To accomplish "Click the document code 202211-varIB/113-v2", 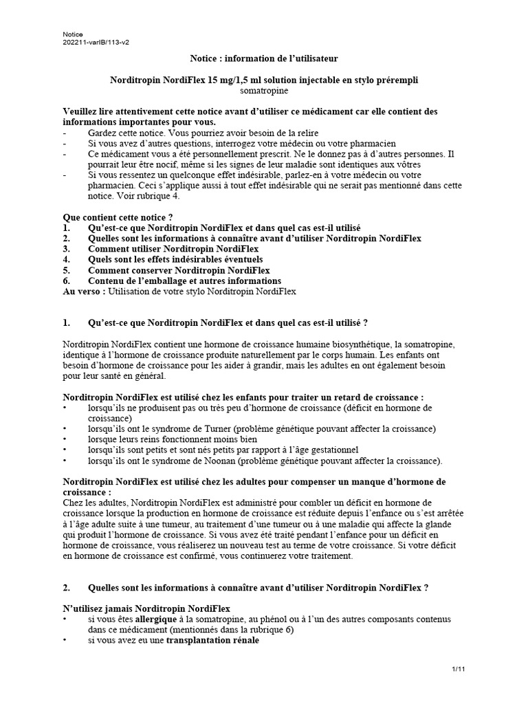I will tap(96, 42).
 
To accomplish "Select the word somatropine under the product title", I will tap(264, 90).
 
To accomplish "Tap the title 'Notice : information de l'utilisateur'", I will tap(264, 60).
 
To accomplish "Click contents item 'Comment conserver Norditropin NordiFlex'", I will tap(179, 270).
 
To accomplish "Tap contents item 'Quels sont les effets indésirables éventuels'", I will tap(175, 259).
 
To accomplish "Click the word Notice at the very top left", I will tap(73, 34).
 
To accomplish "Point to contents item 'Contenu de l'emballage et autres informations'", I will tap(184, 280).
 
